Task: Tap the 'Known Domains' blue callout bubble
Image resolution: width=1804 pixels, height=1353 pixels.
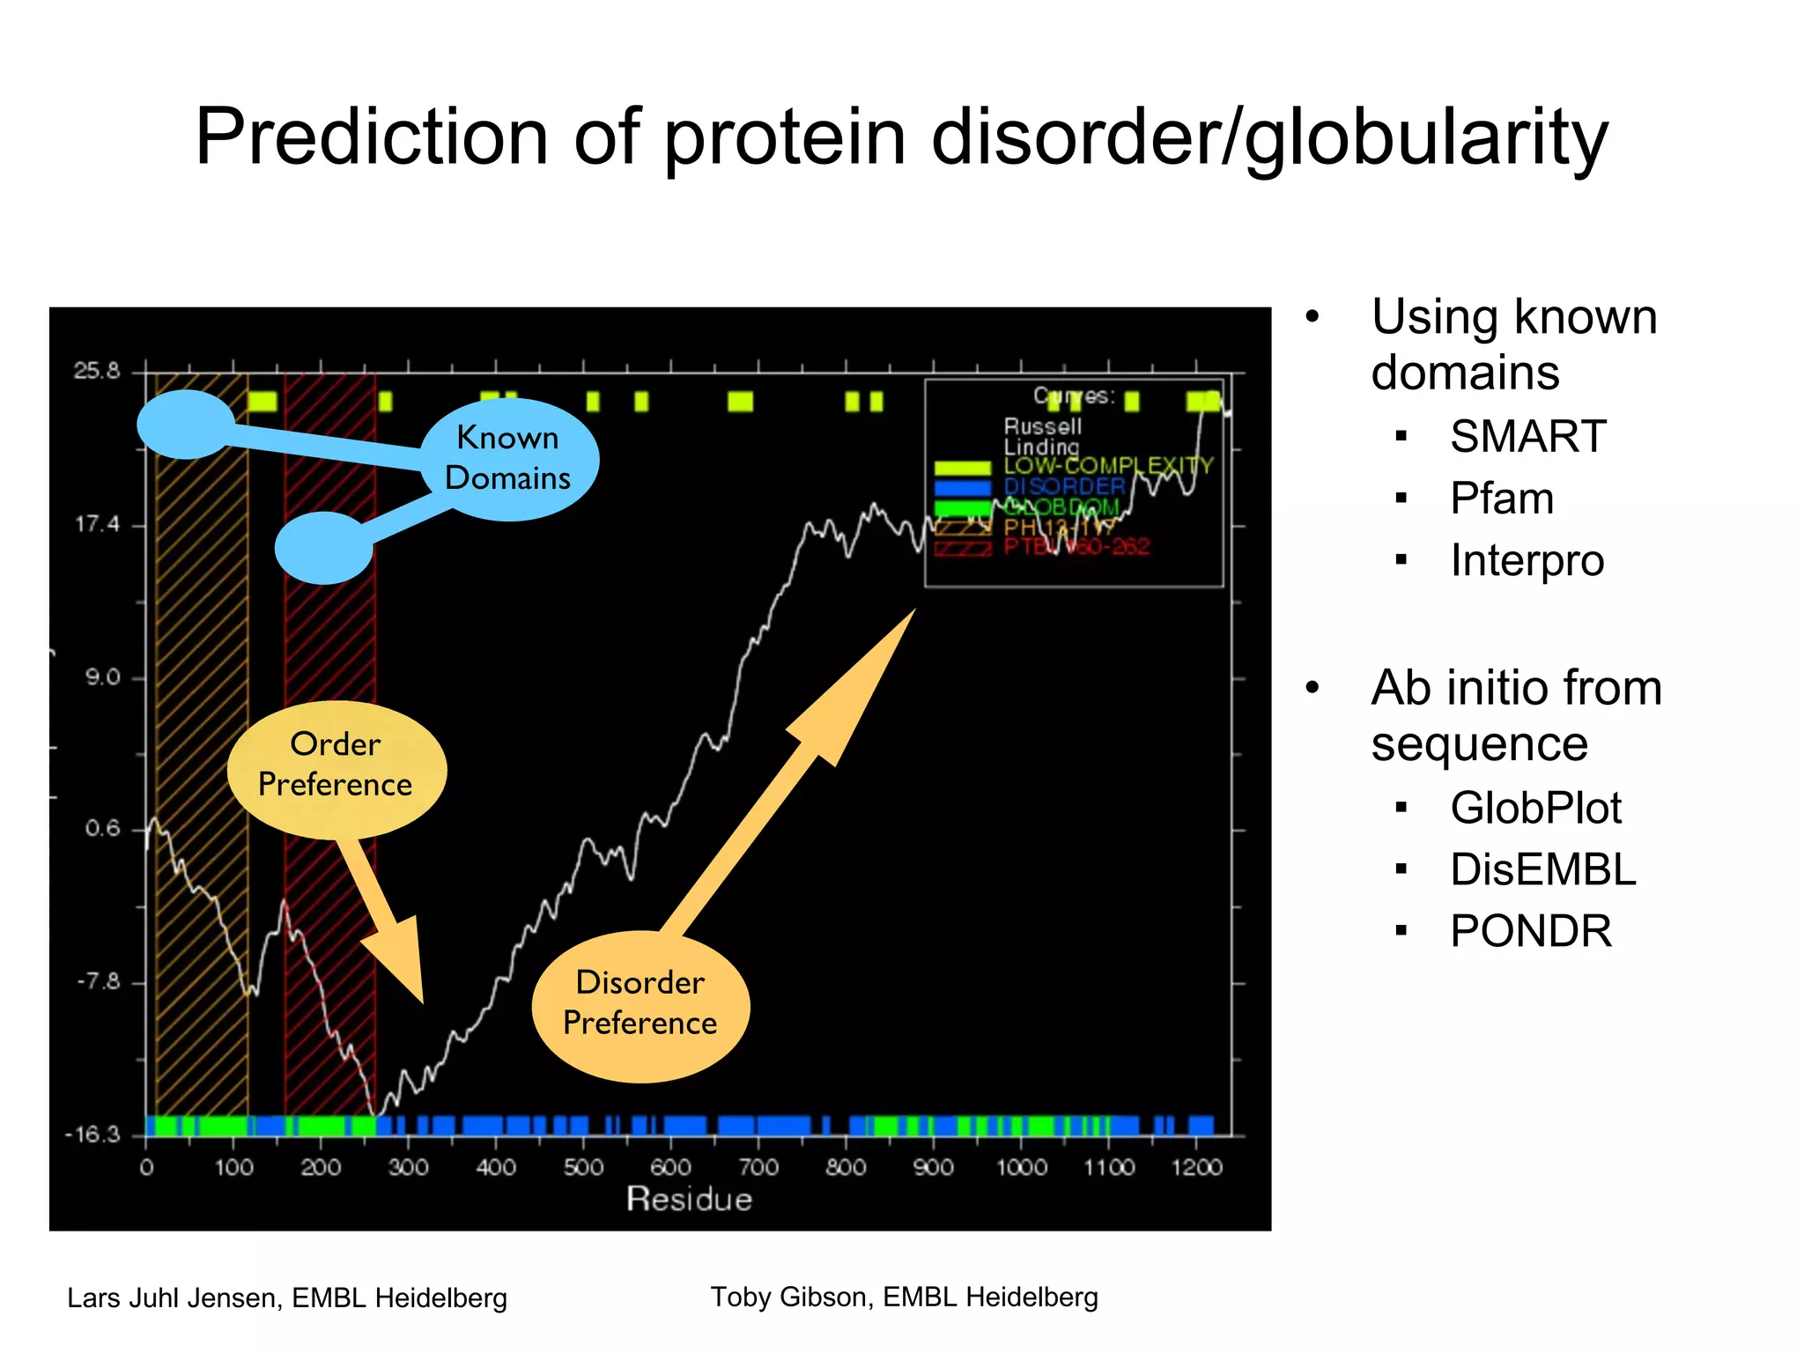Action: pos(508,459)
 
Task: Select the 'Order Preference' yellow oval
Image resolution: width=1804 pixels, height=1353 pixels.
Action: pos(336,765)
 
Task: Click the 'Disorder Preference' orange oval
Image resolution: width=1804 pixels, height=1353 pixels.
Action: pos(640,1004)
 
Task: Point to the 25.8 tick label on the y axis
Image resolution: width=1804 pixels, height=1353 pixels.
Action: pos(97,371)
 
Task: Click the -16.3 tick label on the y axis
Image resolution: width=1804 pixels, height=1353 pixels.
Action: pos(92,1135)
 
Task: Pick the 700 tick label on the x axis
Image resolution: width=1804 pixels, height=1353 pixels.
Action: pos(758,1168)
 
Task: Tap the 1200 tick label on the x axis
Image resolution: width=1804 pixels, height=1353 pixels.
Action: pos(1195,1168)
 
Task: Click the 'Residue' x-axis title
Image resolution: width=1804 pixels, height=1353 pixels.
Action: pos(689,1200)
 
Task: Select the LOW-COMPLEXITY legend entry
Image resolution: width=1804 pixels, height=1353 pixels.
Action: pos(1108,466)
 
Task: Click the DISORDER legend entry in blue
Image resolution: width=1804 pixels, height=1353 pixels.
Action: pos(1064,487)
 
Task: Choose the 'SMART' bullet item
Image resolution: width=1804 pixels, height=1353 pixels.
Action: pos(1527,437)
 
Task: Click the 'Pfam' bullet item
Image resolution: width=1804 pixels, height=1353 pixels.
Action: pos(1501,499)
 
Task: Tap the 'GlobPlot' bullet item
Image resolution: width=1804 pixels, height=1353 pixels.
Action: pos(1534,809)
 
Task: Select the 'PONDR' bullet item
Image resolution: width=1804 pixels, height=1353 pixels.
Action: pos(1530,932)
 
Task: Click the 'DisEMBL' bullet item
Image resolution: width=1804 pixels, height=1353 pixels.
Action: pos(1542,870)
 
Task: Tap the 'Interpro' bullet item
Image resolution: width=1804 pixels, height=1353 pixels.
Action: pos(1527,561)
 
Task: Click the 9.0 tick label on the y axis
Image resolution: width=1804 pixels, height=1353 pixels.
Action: pos(102,678)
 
